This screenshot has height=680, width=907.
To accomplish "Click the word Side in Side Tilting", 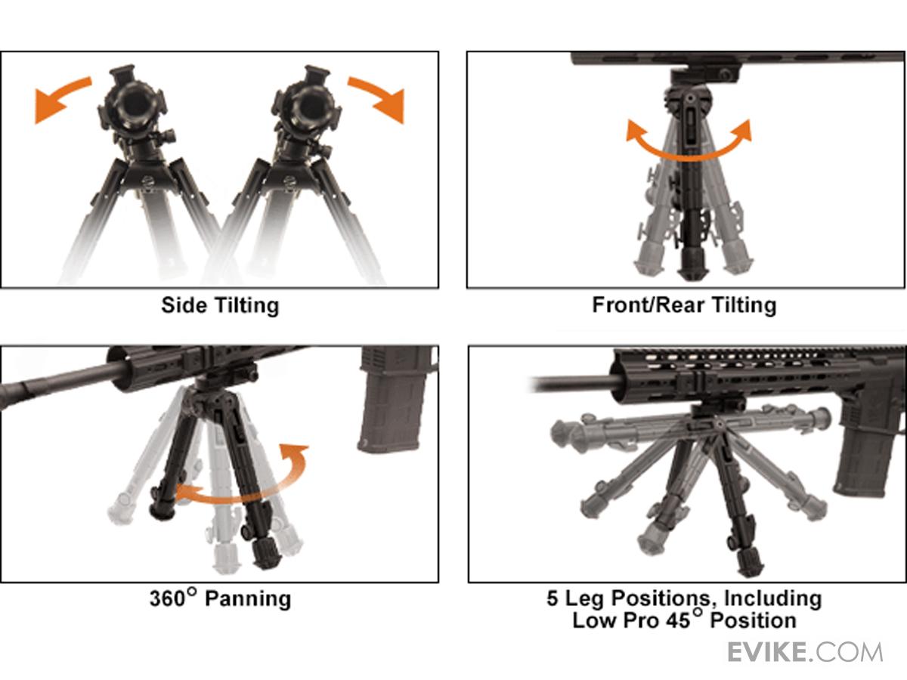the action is tap(184, 305).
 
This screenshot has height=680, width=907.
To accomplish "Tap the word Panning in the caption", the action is tap(248, 599).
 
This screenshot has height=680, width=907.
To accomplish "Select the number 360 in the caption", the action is tap(168, 598).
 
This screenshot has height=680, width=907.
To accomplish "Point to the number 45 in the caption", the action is tap(678, 621).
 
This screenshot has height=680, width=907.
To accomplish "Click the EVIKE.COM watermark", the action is tap(806, 653).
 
